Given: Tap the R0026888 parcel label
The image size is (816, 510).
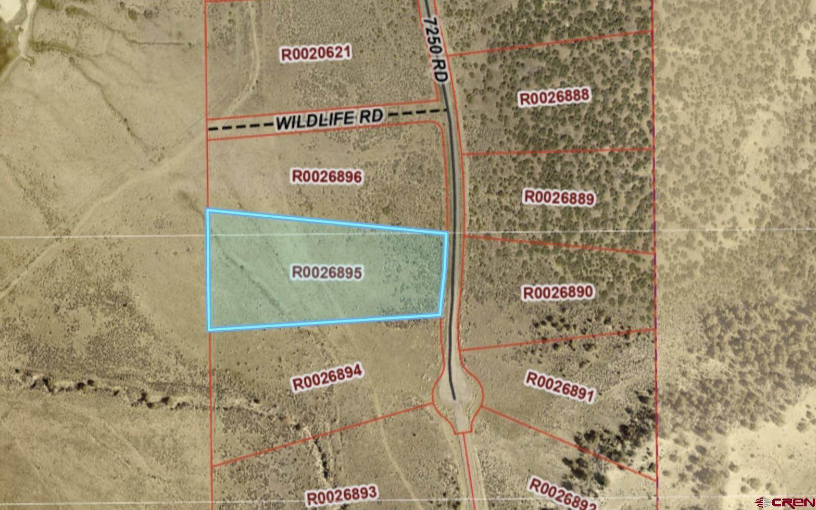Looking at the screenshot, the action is pos(554,97).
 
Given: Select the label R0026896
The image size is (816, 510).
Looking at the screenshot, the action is pos(327,177).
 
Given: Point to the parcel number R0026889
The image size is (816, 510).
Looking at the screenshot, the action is pos(559,197).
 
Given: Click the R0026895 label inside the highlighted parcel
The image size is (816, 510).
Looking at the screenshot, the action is pos(327,272).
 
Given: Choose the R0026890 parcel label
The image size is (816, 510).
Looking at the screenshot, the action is pos(558,292).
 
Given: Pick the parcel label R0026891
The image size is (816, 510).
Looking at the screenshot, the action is pos(559,387).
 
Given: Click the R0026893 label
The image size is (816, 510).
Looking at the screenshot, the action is pos(341,495).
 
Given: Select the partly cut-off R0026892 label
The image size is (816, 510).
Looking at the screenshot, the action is pos(562,495).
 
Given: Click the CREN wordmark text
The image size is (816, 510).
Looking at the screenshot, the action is pos(792,503).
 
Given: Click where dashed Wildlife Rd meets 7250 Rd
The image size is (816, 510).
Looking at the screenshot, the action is pos(448,110).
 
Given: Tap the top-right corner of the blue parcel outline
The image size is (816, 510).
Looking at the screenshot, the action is pos(447,232).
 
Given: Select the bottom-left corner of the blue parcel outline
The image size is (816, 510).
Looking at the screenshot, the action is pos(209,330).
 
